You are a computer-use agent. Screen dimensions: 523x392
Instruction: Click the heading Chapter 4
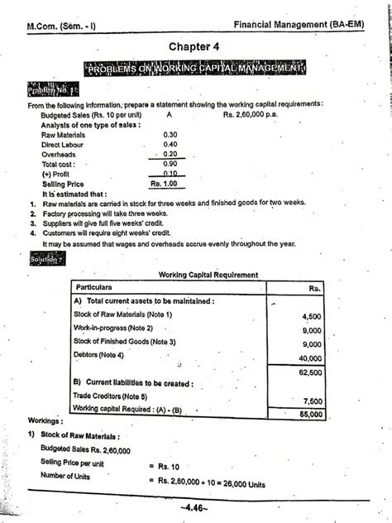(195, 46)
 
